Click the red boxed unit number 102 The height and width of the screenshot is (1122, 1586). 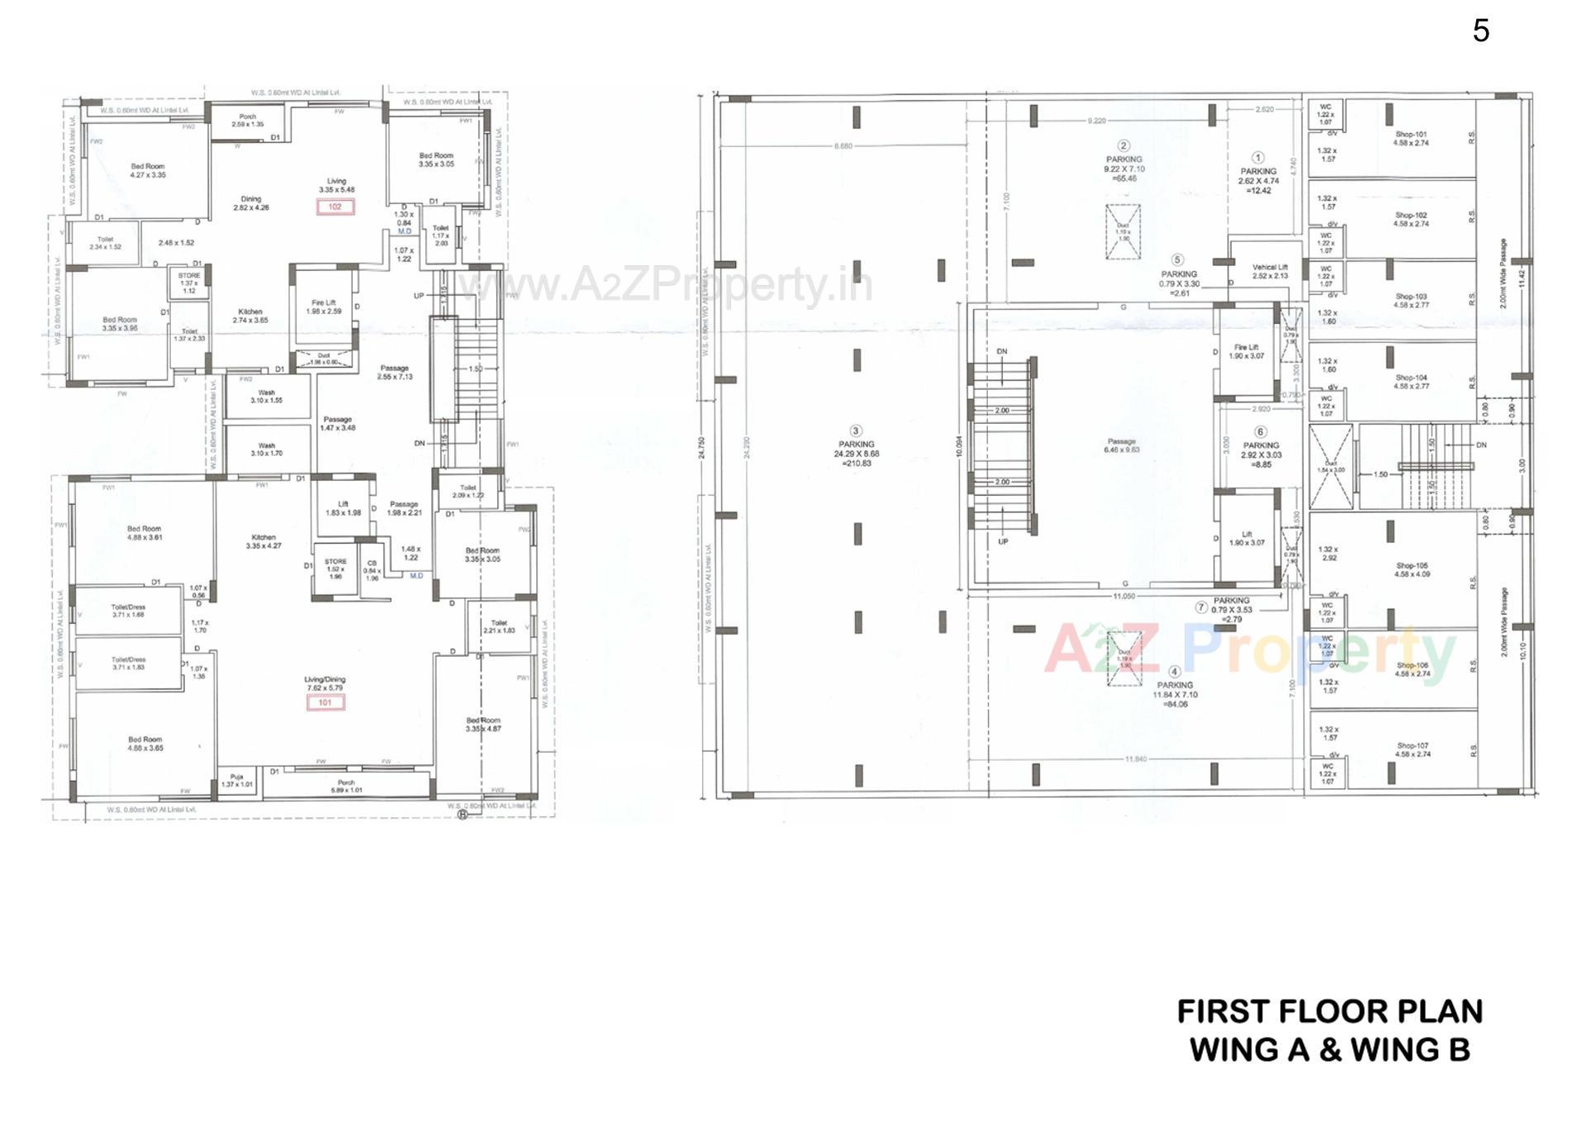[335, 207]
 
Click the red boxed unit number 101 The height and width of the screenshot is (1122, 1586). [325, 702]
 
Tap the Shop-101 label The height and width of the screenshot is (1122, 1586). [1411, 138]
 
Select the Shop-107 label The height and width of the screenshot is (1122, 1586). [1412, 749]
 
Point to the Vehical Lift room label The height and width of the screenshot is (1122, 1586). [1270, 271]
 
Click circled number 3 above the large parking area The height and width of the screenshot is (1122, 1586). [856, 430]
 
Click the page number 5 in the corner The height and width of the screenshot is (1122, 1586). [1480, 31]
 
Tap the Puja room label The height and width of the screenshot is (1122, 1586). [237, 780]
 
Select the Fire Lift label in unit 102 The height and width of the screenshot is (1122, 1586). [323, 307]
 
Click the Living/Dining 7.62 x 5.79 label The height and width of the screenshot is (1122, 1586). [325, 683]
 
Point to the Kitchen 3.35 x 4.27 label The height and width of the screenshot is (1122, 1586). [264, 541]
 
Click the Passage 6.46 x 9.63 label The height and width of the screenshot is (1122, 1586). [1121, 445]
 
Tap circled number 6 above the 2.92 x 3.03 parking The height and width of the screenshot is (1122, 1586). [1260, 431]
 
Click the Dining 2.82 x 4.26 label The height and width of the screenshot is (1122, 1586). [250, 203]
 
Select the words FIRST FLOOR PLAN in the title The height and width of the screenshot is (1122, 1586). [1329, 1011]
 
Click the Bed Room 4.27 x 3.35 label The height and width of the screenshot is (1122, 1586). [148, 170]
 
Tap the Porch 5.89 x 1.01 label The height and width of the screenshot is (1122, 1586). [346, 786]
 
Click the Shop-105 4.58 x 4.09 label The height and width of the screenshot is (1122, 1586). [1412, 569]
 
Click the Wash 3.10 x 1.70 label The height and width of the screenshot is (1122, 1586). [266, 449]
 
